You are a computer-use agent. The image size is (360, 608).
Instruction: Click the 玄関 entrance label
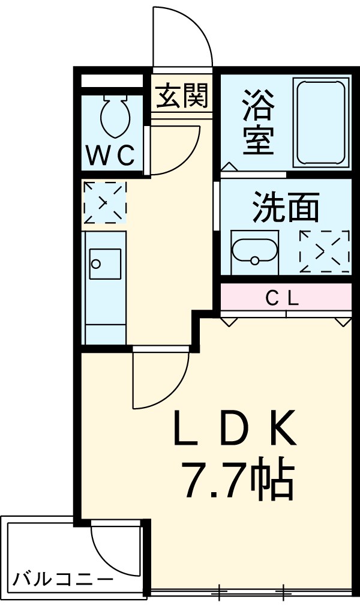pyautogui.click(x=182, y=96)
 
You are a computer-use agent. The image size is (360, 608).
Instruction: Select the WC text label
pyautogui.click(x=112, y=156)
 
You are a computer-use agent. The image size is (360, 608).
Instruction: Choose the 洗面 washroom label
pyautogui.click(x=285, y=208)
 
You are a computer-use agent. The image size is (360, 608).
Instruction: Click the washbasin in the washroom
pyautogui.click(x=255, y=252)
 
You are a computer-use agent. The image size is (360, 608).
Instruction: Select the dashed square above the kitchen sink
pyautogui.click(x=105, y=202)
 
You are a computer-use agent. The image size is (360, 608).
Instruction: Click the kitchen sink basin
pyautogui.click(x=104, y=264)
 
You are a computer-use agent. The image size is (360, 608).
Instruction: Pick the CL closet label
pyautogui.click(x=282, y=298)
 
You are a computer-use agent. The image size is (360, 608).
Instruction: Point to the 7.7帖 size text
pyautogui.click(x=237, y=480)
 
